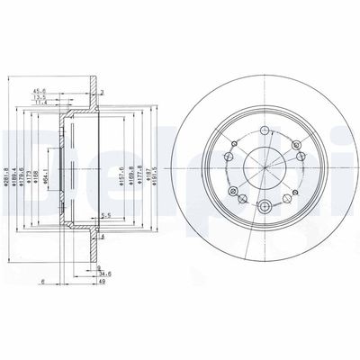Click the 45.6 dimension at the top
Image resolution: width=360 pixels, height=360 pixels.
pyautogui.click(x=65, y=90)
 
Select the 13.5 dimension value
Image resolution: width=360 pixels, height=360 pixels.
pyautogui.click(x=65, y=97)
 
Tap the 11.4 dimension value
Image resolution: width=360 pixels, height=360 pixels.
pyautogui.click(x=65, y=103)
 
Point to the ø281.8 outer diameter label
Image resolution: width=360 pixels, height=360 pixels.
pyautogui.click(x=8, y=168)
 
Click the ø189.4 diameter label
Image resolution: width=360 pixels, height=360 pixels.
pyautogui.click(x=17, y=168)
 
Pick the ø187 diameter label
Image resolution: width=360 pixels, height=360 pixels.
pyautogui.click(x=151, y=168)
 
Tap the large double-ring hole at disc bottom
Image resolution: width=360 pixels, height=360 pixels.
pyautogui.click(x=265, y=208)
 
